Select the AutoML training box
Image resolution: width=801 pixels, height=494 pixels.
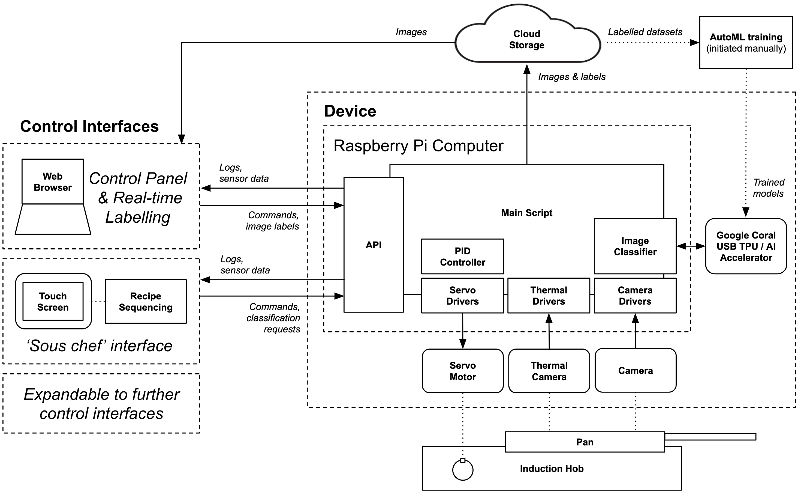click(x=746, y=43)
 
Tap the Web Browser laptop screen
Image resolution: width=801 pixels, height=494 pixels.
click(x=53, y=182)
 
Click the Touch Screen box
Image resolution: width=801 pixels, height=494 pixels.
click(x=53, y=301)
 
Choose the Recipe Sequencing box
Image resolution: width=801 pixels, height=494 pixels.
click(x=146, y=301)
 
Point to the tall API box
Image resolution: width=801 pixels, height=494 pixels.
click(x=373, y=245)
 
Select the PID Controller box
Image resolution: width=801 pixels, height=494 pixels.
click(x=462, y=257)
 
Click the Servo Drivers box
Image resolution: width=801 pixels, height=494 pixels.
click(x=462, y=295)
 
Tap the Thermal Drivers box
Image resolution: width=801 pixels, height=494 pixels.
click(x=549, y=295)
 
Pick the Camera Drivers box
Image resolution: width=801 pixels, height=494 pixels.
click(x=635, y=295)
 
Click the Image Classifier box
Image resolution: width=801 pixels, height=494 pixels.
click(x=635, y=246)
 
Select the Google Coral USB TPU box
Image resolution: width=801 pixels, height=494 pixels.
click(x=746, y=246)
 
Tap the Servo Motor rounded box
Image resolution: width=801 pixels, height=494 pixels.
click(x=462, y=371)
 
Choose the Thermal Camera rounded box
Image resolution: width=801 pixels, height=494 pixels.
click(x=549, y=371)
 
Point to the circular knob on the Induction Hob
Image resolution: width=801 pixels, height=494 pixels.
click(x=462, y=470)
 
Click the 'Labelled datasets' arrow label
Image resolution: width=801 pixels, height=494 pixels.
click(x=645, y=32)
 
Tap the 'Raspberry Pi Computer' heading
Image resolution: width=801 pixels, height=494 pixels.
click(x=418, y=146)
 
